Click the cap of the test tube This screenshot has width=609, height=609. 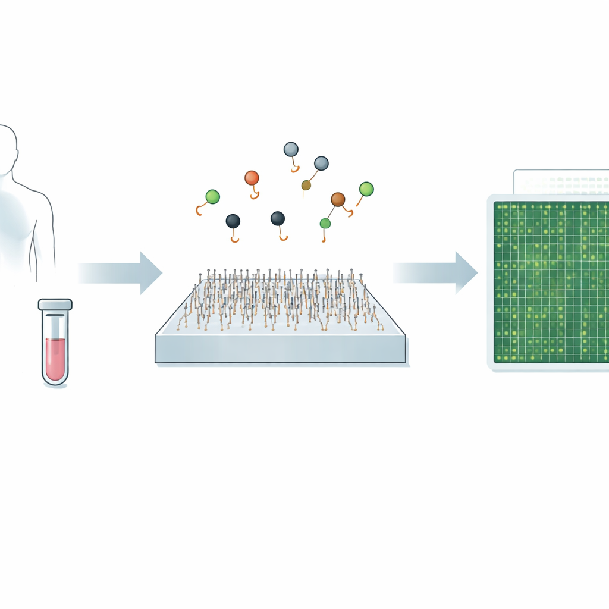(55, 304)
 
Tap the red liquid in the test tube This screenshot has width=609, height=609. (55, 357)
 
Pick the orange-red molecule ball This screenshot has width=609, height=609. (252, 177)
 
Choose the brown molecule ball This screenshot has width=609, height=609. (338, 199)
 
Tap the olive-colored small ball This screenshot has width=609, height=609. (306, 185)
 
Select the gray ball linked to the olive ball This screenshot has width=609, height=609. (321, 163)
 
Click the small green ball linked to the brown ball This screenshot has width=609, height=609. (325, 223)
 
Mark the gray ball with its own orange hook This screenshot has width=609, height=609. (291, 149)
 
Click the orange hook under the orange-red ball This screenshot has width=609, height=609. (255, 194)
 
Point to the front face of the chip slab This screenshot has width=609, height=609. (280, 349)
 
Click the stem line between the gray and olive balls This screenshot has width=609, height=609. (313, 175)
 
